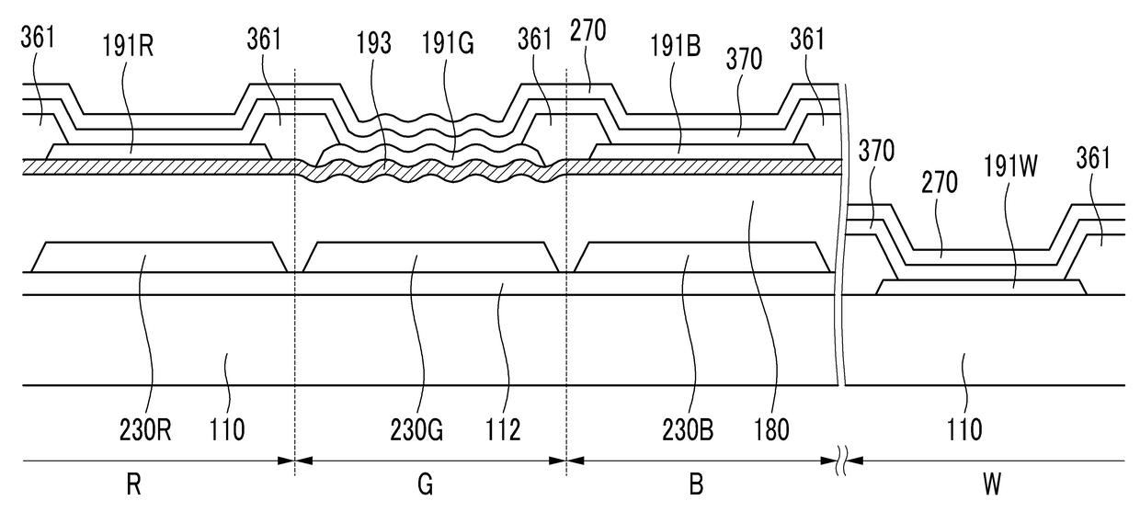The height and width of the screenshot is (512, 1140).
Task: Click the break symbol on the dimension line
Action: click(839, 461)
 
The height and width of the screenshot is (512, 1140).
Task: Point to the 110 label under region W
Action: click(964, 428)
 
